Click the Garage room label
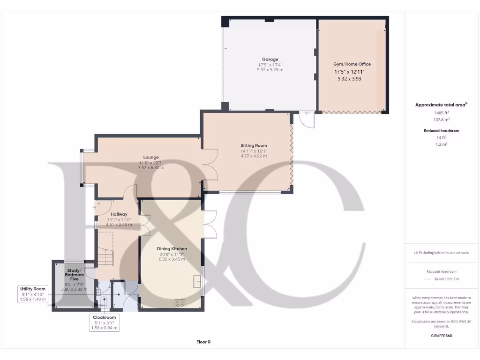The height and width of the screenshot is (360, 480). (270, 60)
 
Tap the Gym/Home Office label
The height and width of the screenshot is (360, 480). (352, 64)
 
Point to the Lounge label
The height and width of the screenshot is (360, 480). (151, 157)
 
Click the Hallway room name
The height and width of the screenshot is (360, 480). (119, 214)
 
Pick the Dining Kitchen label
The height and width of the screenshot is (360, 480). (172, 248)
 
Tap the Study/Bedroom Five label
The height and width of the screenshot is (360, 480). (74, 274)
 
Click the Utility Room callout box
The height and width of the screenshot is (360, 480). (33, 294)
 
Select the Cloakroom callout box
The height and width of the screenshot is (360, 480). (105, 322)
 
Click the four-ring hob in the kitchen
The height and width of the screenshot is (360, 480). (180, 303)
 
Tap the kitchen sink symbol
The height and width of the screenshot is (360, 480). (197, 281)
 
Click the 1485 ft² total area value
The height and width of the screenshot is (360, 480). (441, 113)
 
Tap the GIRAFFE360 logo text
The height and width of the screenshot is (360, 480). (441, 336)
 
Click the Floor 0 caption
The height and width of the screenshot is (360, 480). (203, 342)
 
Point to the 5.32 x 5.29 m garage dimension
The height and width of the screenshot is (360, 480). (270, 70)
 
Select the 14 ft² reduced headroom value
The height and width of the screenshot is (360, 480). (441, 138)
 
